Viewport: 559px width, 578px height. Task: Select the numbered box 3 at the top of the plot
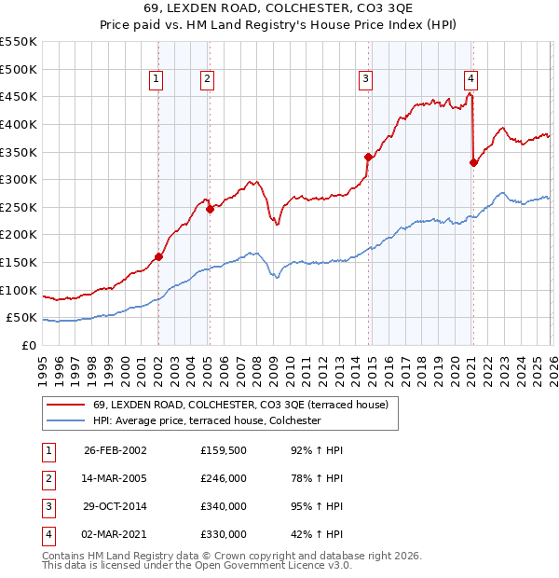pyautogui.click(x=366, y=79)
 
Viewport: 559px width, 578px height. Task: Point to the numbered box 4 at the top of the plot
pyautogui.click(x=471, y=79)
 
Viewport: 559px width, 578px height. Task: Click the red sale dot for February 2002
pyautogui.click(x=158, y=256)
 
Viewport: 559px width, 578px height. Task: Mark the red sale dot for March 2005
pyautogui.click(x=210, y=209)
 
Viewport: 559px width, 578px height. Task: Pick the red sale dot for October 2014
pyautogui.click(x=368, y=157)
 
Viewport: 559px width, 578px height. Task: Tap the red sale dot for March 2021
pyautogui.click(x=473, y=162)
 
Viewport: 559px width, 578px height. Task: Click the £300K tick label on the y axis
pyautogui.click(x=18, y=179)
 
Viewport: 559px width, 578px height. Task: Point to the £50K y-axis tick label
pyautogui.click(x=21, y=318)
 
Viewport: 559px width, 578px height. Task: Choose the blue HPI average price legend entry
pyautogui.click(x=206, y=421)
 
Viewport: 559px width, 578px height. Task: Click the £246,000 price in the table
pyautogui.click(x=224, y=479)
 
